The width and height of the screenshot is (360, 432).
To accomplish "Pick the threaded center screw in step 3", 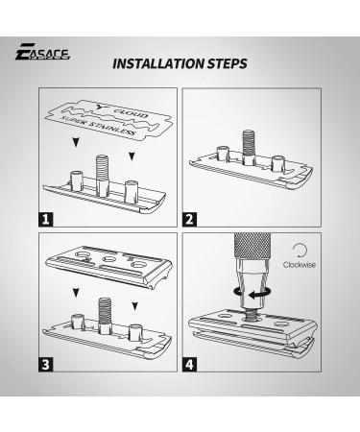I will point(103,308).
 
